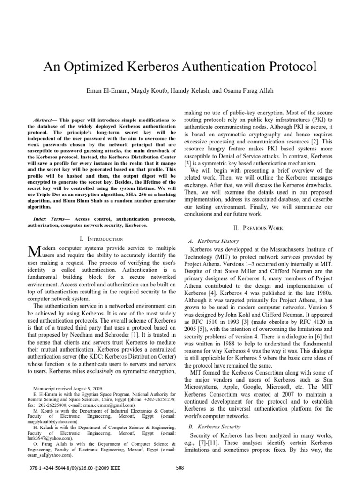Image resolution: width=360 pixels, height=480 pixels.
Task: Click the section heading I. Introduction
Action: [x=102, y=239]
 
